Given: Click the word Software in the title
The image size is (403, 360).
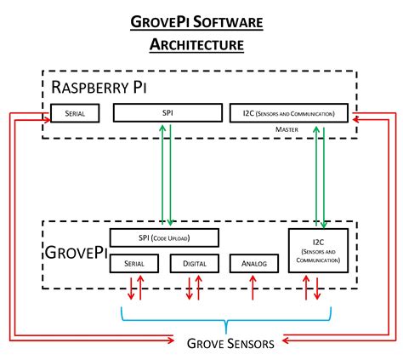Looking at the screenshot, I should point(234,20).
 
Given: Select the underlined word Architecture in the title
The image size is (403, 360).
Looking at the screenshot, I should point(201,43).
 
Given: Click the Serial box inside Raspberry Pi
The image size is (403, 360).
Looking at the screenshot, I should point(74,111).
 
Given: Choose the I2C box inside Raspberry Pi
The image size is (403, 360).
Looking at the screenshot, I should point(289,111).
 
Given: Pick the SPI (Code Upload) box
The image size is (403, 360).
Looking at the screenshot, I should point(164,237).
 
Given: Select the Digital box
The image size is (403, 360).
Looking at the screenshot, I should point(195,264).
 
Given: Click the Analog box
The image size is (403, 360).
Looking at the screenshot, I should point(253,264).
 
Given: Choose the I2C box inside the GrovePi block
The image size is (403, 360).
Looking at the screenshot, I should point(320,250).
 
